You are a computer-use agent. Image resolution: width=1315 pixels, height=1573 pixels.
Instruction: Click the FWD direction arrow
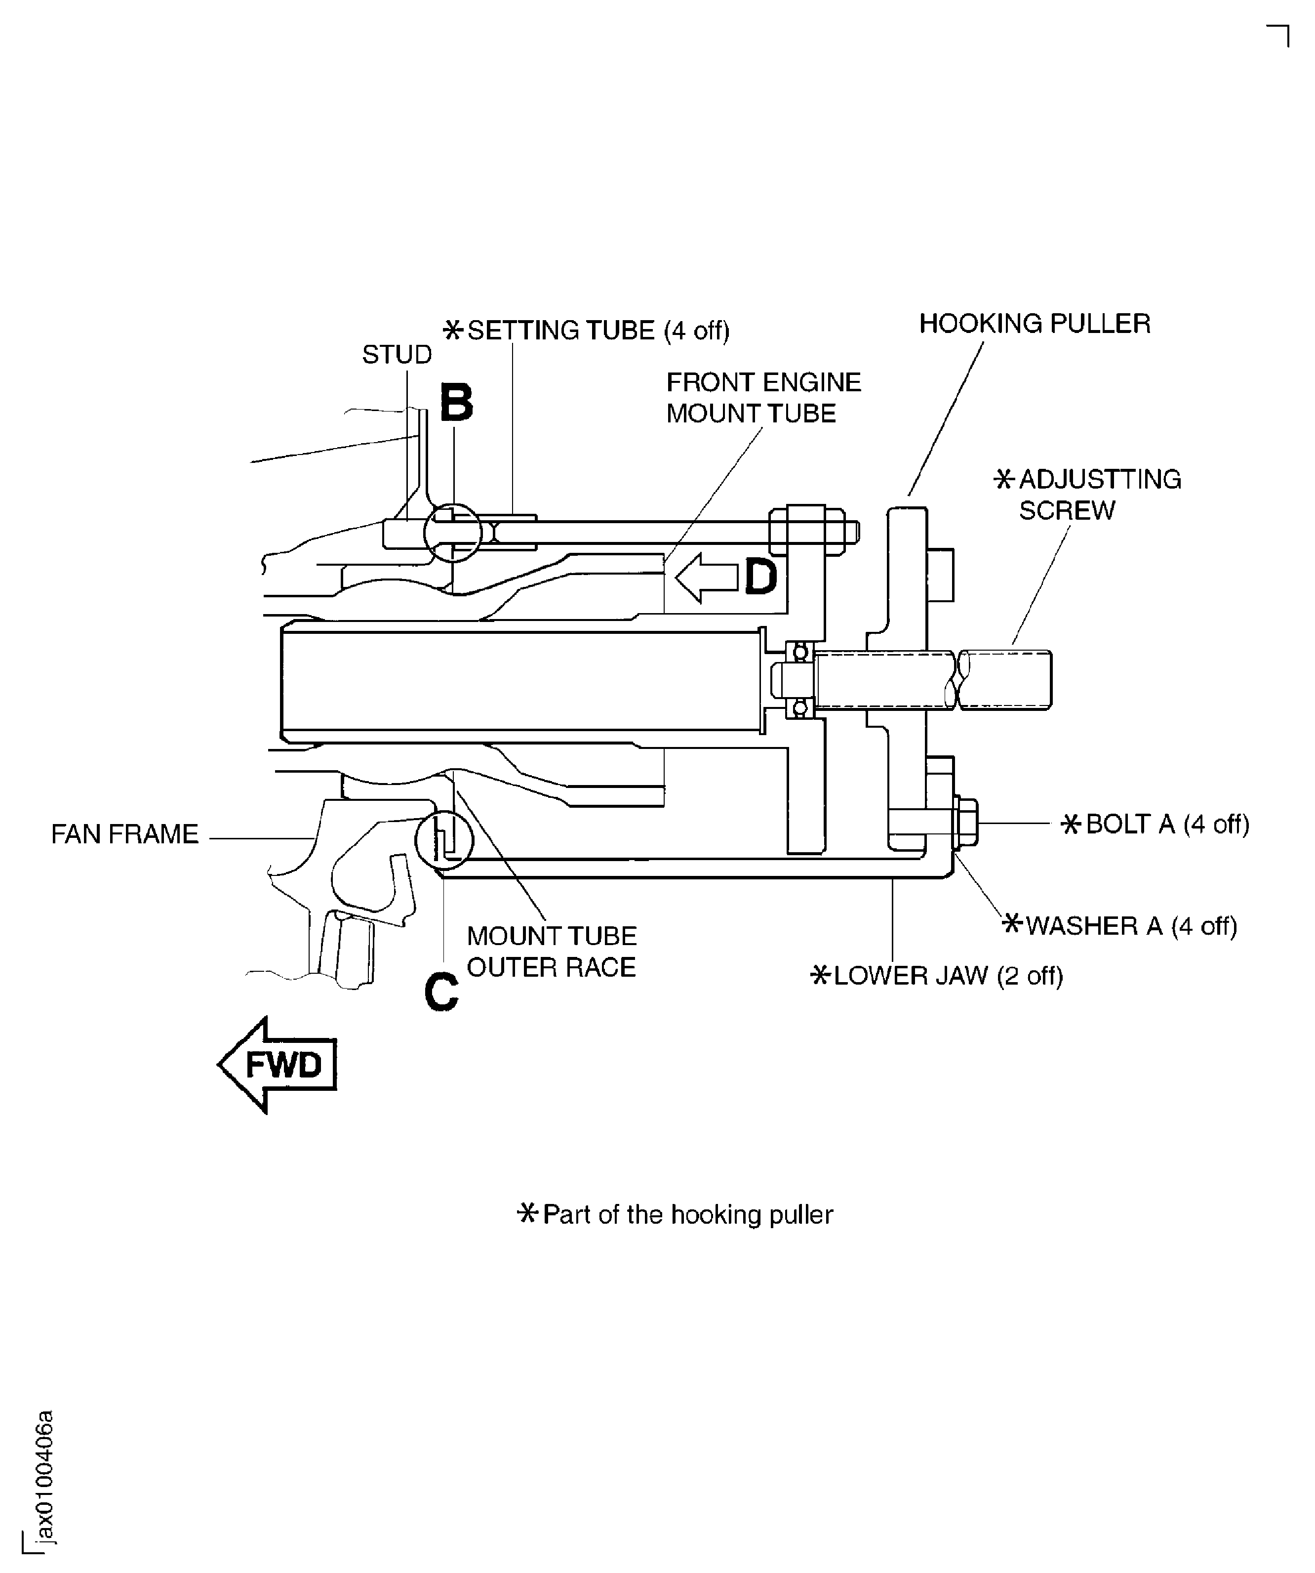[x=277, y=1065]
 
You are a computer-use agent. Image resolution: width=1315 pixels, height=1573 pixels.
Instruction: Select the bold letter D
[x=761, y=578]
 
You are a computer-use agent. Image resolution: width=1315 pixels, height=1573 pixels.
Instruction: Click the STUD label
[x=397, y=354]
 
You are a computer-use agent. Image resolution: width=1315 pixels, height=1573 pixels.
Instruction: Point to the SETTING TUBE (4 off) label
[x=587, y=331]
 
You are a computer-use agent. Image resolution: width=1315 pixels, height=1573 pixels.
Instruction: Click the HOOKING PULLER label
[x=1034, y=324]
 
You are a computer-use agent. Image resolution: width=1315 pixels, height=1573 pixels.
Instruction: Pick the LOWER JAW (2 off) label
[x=937, y=975]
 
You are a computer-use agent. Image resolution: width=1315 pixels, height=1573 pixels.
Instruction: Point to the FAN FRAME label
[x=125, y=834]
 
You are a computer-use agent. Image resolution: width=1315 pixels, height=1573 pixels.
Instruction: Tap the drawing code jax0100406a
[x=46, y=1474]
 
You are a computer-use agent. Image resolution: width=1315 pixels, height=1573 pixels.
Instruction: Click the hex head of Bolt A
[x=967, y=824]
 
